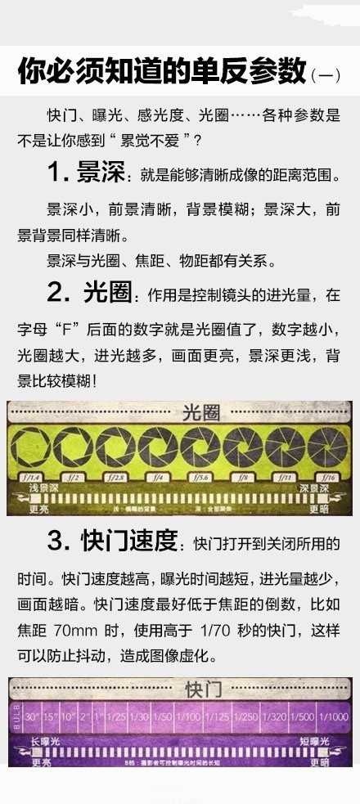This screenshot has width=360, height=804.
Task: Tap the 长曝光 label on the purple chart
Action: (47, 741)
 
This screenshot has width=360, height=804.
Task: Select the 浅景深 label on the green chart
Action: (29, 488)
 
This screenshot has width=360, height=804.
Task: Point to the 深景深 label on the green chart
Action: (314, 488)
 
